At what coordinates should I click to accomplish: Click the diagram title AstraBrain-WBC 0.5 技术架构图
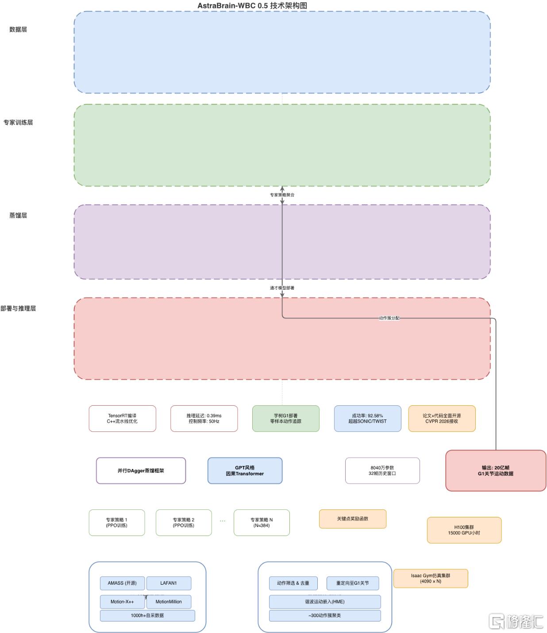pos(252,5)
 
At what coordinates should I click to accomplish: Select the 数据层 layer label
pos(18,29)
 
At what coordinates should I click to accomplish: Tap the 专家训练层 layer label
pos(18,123)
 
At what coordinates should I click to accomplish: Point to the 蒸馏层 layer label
pos(18,215)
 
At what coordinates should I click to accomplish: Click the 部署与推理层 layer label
pos(18,308)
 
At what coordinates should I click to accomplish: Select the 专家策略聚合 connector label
pos(282,195)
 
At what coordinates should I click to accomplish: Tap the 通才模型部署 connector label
pos(282,288)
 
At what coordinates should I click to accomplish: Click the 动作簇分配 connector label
pos(389,318)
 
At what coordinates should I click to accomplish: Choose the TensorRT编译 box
pos(123,418)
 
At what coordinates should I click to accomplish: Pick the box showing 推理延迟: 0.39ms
pos(204,418)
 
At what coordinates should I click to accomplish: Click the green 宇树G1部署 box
pos(286,418)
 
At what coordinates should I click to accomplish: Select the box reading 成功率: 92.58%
pos(367,418)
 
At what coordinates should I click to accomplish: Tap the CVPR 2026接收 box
pos(442,418)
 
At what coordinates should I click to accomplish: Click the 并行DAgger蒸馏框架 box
pos(141,470)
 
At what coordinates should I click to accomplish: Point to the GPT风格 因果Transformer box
pos(245,470)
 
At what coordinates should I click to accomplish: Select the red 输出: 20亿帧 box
pos(496,470)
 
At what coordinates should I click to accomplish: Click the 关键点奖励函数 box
pos(352,519)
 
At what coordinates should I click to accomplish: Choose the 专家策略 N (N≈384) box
pos(262,522)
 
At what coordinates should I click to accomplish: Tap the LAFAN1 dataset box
pos(169,583)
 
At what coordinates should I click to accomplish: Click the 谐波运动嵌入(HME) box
pos(325,602)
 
